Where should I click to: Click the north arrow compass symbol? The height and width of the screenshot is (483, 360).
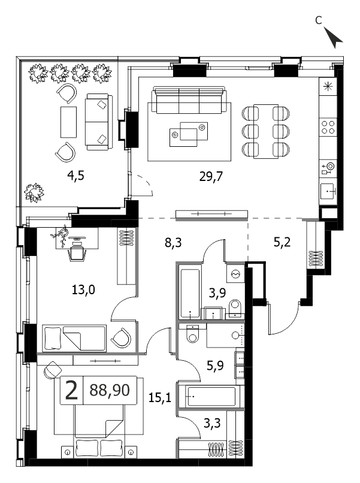point(334,37)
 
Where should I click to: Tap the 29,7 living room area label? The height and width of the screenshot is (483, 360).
point(211,177)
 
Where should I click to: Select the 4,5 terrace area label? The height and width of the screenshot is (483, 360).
point(75,176)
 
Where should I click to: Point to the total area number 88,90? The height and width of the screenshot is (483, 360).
point(110,390)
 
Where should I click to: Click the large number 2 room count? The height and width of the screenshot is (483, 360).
point(71,390)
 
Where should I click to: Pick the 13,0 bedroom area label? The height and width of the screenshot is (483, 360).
point(83,289)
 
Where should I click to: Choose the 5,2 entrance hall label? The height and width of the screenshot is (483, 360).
point(282,243)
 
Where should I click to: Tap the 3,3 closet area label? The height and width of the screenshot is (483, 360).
point(212,423)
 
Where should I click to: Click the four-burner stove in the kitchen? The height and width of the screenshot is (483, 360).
point(328,127)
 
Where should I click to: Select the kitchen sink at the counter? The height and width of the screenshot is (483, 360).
point(328,191)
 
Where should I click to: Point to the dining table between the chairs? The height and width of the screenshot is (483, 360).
point(266,131)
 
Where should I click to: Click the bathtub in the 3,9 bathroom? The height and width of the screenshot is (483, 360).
point(190,294)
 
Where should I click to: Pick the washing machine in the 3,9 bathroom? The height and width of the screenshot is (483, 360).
point(235,273)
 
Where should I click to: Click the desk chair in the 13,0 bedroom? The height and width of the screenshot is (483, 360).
point(76,252)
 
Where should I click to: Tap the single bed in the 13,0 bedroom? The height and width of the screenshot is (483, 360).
point(74,338)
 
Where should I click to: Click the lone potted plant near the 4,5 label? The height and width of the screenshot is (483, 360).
point(34,193)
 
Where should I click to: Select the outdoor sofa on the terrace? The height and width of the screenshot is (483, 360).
point(99,122)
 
